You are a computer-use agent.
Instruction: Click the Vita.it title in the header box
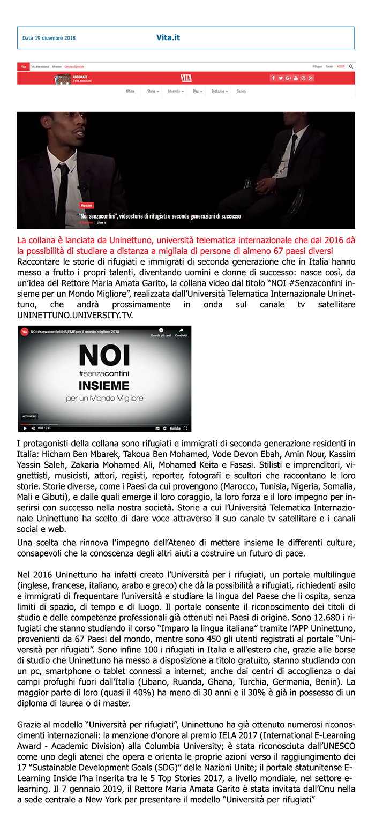pos(168,37)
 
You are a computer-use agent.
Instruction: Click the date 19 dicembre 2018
pos(49,38)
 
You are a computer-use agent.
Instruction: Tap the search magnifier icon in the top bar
pos(351,66)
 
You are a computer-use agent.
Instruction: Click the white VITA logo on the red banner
pos(186,78)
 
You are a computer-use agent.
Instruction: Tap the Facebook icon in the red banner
pos(273,78)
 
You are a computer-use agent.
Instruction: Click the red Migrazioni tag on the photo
pos(87,205)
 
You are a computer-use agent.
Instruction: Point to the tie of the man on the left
pos(63,187)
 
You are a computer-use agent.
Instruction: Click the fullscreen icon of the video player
pos(185,429)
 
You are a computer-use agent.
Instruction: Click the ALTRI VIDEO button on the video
pos(29,416)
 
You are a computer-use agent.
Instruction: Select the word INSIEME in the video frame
pos(104,386)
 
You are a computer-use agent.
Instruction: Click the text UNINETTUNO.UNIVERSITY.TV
pos(75,316)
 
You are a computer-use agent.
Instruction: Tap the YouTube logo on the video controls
pos(175,429)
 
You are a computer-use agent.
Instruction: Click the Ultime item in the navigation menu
pos(130,92)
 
